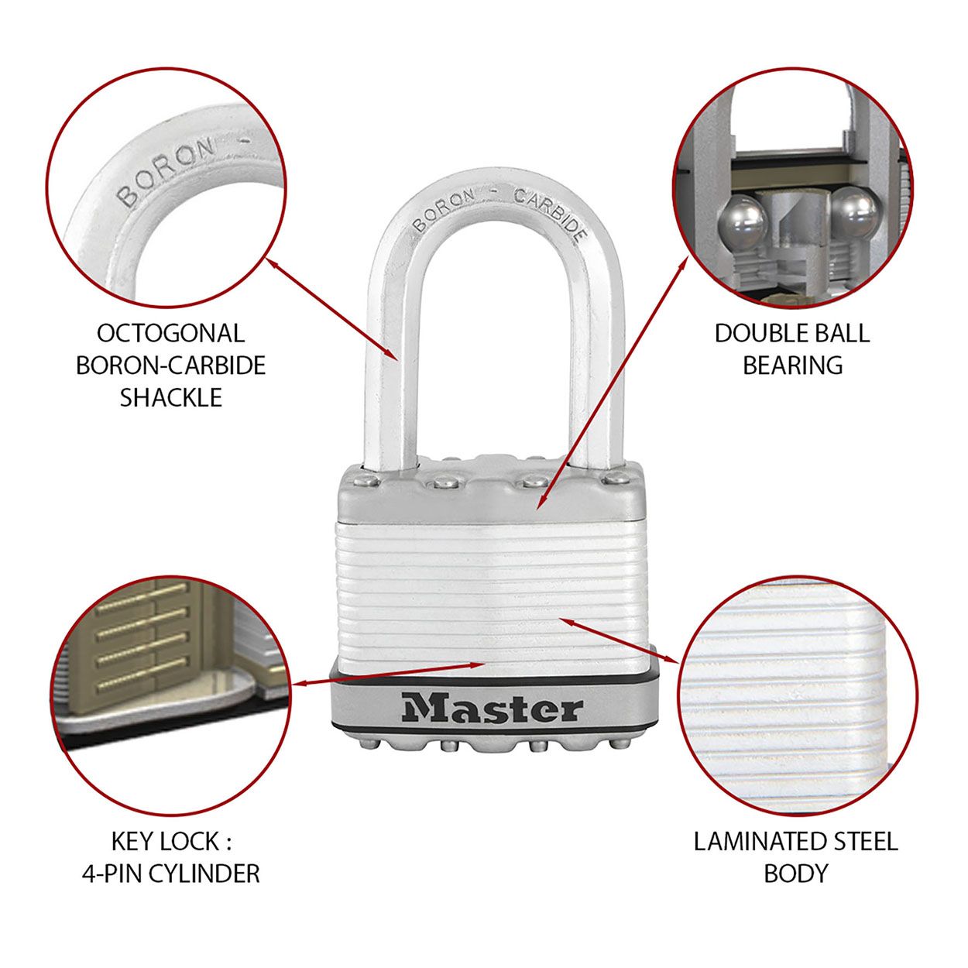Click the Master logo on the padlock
pyautogui.click(x=492, y=709)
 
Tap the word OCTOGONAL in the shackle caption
pyautogui.click(x=170, y=333)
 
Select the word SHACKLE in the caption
pyautogui.click(x=170, y=397)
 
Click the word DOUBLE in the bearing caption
pyautogui.click(x=759, y=333)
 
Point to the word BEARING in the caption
pyautogui.click(x=792, y=365)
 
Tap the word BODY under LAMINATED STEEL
pyautogui.click(x=795, y=874)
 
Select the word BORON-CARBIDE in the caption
pyautogui.click(x=170, y=365)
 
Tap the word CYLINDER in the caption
pyautogui.click(x=204, y=874)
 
